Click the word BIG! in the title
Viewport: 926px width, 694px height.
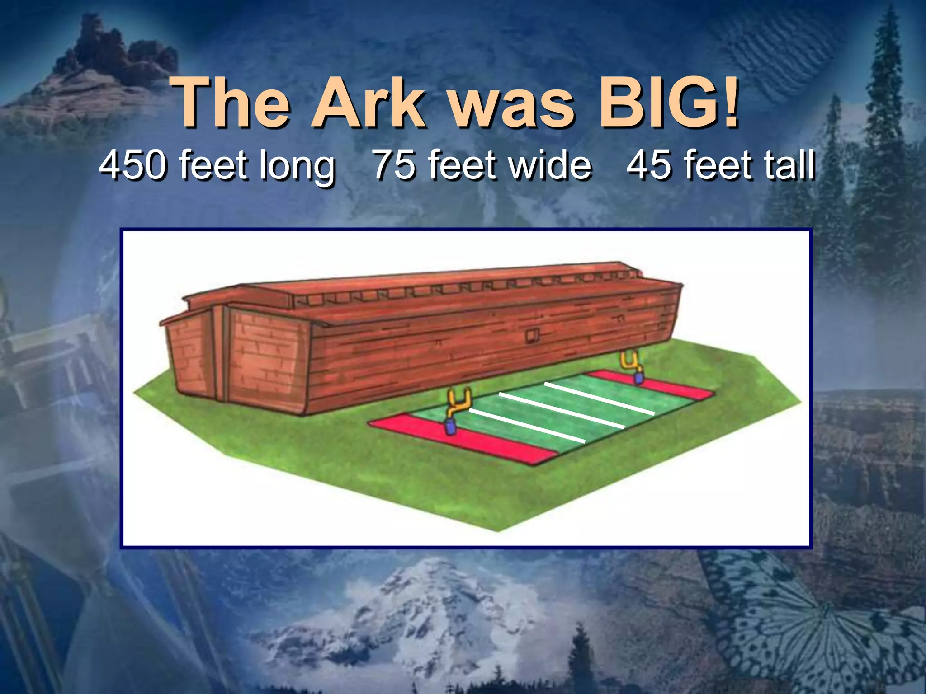pos(669,103)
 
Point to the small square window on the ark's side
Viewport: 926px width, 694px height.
pos(532,336)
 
